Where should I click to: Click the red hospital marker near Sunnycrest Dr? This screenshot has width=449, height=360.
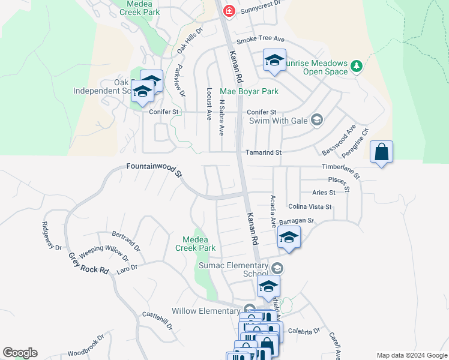[228, 11]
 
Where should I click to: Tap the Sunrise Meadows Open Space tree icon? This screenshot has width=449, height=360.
[356, 65]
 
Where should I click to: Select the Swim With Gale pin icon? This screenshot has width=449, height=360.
[317, 120]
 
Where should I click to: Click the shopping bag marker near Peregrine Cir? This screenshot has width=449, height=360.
[381, 153]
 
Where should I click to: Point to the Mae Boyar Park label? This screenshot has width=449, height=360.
[249, 92]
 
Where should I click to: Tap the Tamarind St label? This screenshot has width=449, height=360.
[262, 153]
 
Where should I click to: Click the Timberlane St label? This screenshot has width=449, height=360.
[340, 171]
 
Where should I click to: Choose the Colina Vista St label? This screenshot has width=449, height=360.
[310, 206]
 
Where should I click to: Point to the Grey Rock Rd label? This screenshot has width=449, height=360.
[88, 263]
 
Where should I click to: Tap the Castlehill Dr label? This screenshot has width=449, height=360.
[157, 321]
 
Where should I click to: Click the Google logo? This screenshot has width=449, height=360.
[20, 353]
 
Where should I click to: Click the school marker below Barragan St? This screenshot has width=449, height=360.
[289, 237]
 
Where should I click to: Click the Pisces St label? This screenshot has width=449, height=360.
[339, 180]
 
